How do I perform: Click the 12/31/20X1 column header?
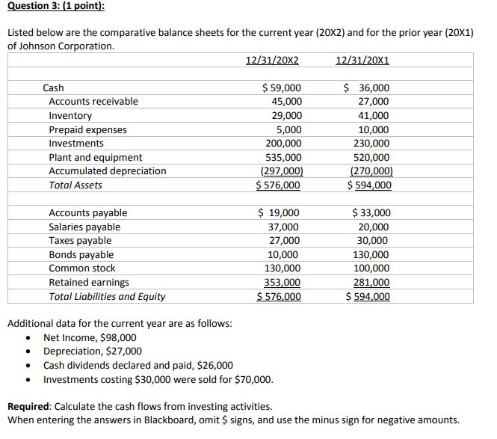(x=362, y=60)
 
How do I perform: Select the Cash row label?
(x=54, y=88)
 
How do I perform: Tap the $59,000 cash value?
(x=281, y=88)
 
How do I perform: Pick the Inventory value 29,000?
(x=287, y=115)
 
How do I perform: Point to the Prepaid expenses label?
(x=87, y=129)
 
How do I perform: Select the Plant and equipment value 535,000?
(x=284, y=157)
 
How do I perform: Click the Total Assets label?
(x=75, y=185)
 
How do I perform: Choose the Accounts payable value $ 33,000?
(x=371, y=213)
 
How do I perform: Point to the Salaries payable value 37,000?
(x=284, y=227)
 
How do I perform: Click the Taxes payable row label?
(x=80, y=240)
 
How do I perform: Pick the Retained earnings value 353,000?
(x=283, y=282)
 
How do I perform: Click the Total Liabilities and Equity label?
(x=107, y=296)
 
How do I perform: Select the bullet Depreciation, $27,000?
(x=93, y=351)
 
